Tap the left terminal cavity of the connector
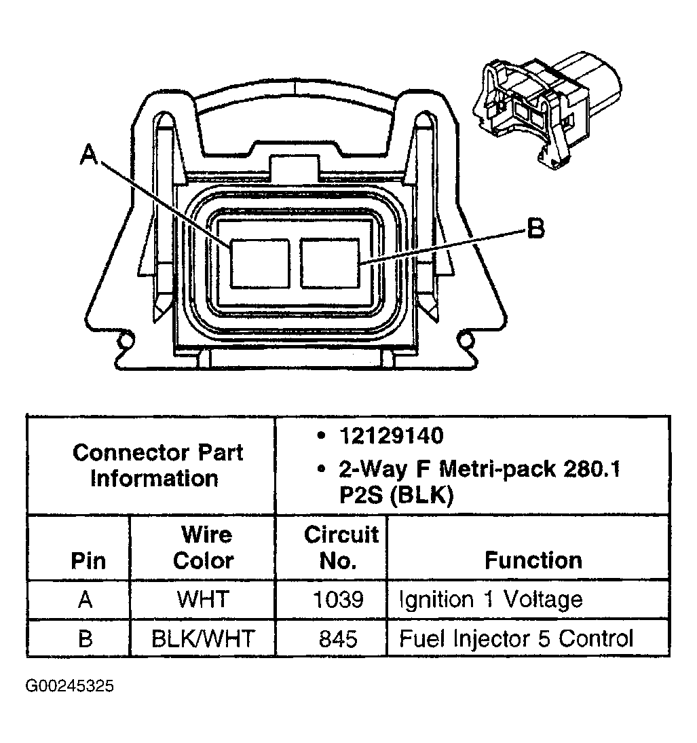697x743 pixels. pyautogui.click(x=259, y=263)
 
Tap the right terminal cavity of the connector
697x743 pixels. pyautogui.click(x=331, y=262)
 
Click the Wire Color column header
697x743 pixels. pyautogui.click(x=203, y=547)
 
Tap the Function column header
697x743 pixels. pyautogui.click(x=533, y=560)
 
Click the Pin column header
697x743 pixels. pyautogui.click(x=88, y=561)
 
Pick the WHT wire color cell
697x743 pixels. pyautogui.click(x=203, y=600)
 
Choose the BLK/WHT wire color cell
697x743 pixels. pyautogui.click(x=203, y=638)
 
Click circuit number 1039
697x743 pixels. pyautogui.click(x=338, y=600)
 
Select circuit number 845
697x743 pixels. pyautogui.click(x=338, y=638)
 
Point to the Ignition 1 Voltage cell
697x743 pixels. pyautogui.click(x=491, y=600)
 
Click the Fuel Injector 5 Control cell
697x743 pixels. pyautogui.click(x=516, y=638)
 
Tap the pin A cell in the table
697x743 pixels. pyautogui.click(x=85, y=600)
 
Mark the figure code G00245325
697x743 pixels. pyautogui.click(x=70, y=686)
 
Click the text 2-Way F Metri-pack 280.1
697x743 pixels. pyautogui.click(x=478, y=469)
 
